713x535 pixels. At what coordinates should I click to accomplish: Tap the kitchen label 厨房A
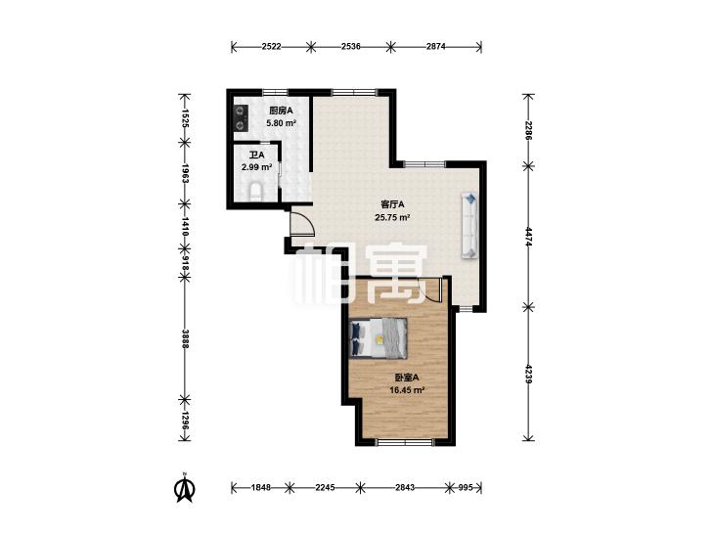[281, 111]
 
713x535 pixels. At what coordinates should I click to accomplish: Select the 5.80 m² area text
[281, 122]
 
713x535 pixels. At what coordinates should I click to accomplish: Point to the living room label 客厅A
[392, 204]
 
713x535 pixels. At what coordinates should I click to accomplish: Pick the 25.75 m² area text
[392, 217]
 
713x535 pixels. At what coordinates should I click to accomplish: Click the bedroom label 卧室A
[407, 378]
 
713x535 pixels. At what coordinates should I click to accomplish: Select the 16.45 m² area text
[407, 390]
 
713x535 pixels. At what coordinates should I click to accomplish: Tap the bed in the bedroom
[379, 338]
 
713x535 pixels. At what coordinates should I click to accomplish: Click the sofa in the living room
[469, 226]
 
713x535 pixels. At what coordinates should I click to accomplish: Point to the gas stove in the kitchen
[241, 117]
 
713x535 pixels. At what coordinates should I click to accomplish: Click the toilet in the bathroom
[256, 192]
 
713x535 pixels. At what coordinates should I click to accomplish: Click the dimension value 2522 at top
[272, 46]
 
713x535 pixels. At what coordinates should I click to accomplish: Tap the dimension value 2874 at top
[435, 46]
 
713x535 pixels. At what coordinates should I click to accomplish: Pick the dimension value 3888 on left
[185, 339]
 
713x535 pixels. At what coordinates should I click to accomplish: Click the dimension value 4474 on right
[528, 237]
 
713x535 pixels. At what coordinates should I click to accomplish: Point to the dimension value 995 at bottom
[466, 487]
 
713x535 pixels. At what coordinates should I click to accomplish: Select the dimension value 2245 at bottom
[325, 487]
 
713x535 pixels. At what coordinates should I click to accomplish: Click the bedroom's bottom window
[405, 441]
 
